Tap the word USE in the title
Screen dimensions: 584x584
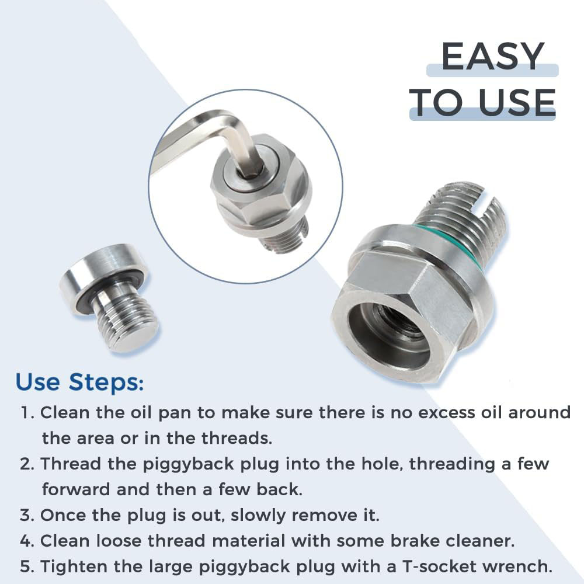[517, 102]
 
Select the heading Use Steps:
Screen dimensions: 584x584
[79, 383]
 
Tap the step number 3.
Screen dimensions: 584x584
[27, 516]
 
